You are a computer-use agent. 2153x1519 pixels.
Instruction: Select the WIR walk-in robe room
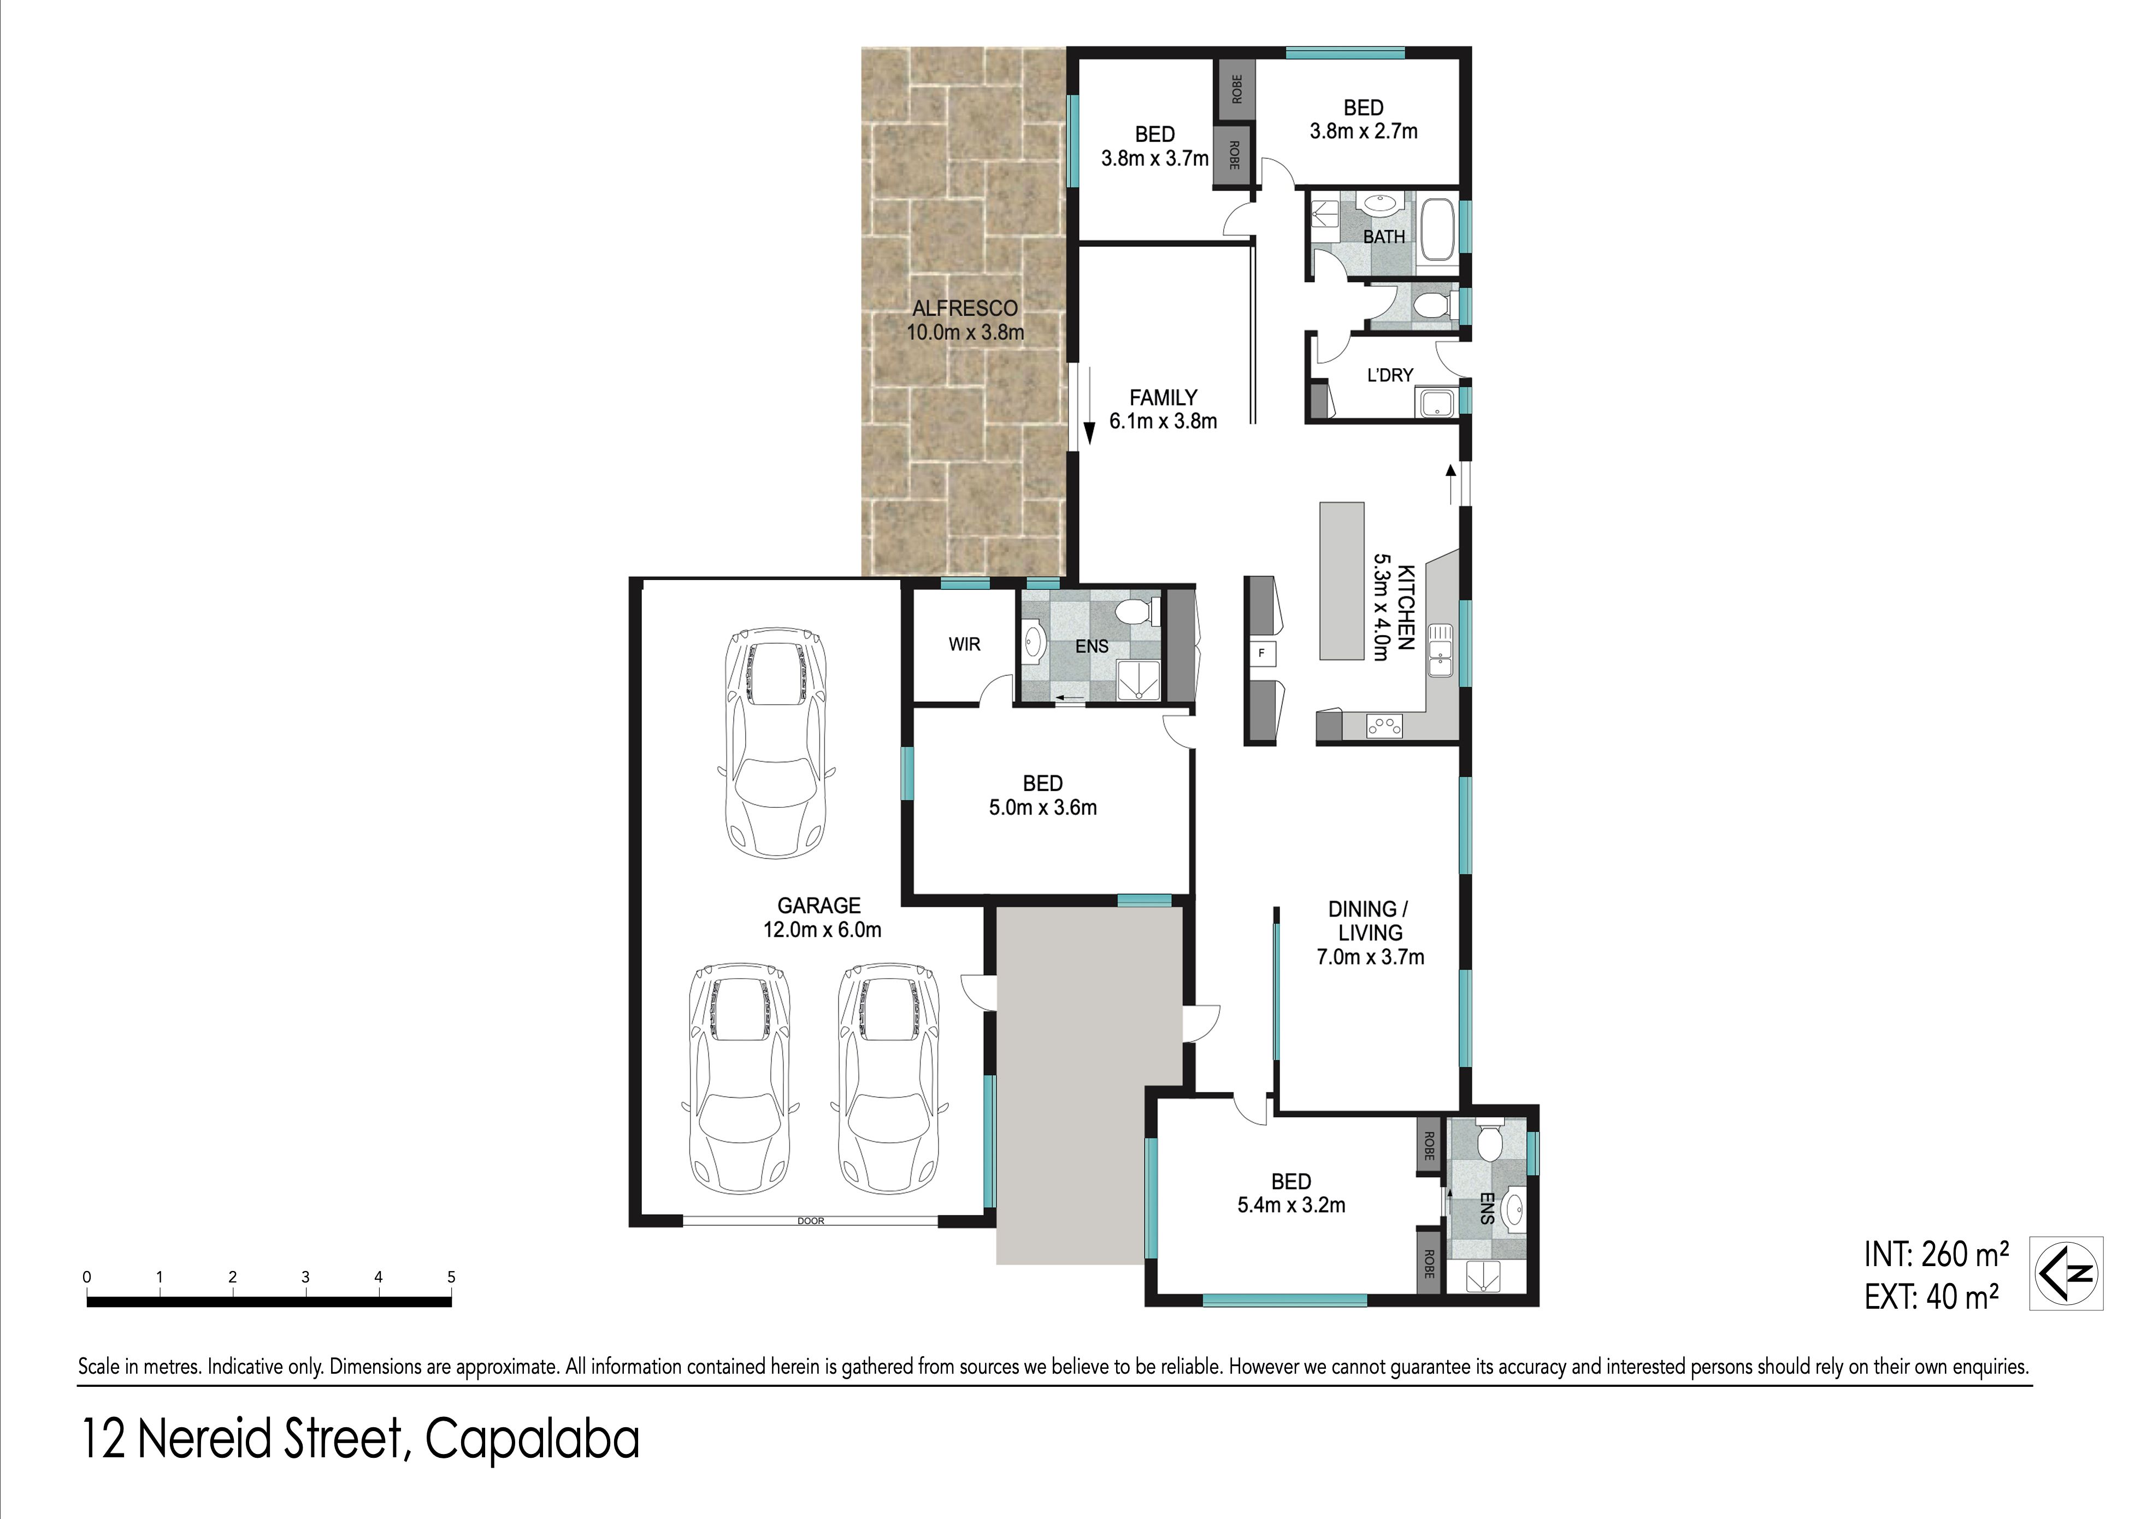click(x=964, y=644)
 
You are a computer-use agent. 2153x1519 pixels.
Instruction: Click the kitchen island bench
click(x=1342, y=581)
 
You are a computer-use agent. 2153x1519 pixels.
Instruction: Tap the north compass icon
click(x=2067, y=1273)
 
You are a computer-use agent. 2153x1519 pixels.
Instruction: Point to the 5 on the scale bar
click(x=451, y=1277)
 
